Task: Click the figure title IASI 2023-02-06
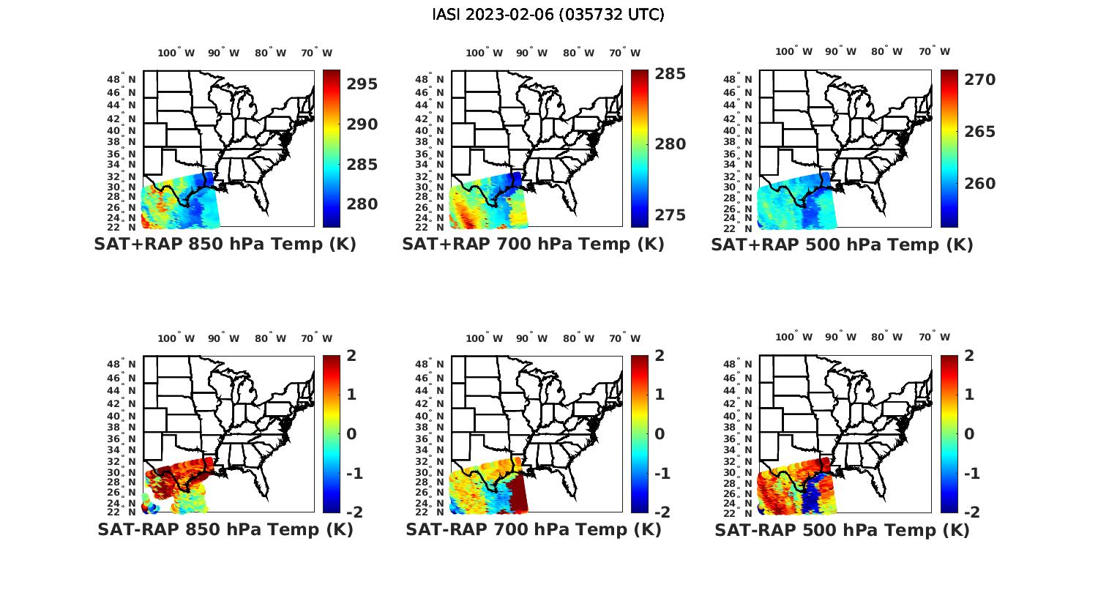548,15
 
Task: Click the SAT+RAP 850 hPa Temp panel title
225,245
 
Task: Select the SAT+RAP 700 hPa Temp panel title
533,245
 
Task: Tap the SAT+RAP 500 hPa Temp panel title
842,245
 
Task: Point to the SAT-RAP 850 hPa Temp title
225,529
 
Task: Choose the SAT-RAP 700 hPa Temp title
533,529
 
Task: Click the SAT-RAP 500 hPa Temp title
842,529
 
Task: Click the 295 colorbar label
362,84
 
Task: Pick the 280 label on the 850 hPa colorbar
362,204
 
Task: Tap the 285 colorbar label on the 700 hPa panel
671,74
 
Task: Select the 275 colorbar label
671,215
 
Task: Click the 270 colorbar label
979,80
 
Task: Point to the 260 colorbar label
979,184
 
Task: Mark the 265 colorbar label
979,132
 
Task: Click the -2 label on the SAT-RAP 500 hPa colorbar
970,512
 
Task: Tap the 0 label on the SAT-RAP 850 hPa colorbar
351,434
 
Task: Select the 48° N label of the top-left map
122,80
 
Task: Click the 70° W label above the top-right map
935,52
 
